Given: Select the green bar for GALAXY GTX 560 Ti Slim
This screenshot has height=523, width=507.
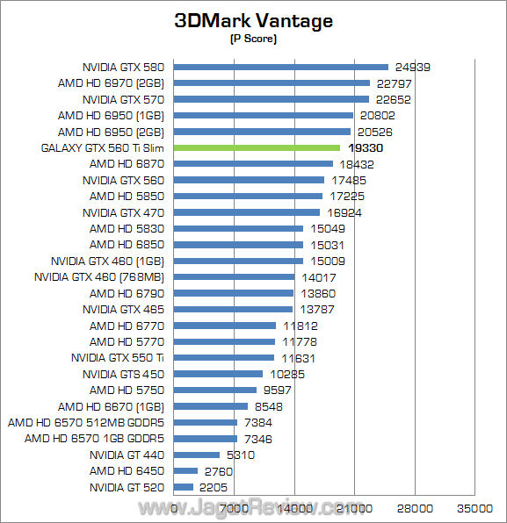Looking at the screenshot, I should pos(257,147).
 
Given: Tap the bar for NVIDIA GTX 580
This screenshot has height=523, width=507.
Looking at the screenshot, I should pos(281,67).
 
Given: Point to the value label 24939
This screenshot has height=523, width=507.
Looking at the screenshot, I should pos(413,67).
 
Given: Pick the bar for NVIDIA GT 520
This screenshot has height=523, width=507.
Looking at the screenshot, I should pos(184,487).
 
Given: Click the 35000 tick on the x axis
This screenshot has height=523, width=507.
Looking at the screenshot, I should pos(474,507).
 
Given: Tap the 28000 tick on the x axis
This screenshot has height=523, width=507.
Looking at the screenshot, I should pos(415,507).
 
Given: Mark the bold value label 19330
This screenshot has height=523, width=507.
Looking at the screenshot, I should pos(365,148).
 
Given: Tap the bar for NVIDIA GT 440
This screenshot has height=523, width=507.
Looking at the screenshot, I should pos(197,455).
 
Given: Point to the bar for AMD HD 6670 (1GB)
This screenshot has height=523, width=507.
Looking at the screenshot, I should pos(211,406).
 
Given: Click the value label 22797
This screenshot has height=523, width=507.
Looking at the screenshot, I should pos(395,83).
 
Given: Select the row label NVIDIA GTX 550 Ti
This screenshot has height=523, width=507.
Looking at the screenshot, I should pos(118,358).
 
